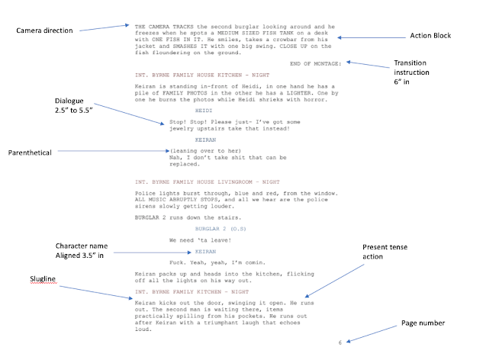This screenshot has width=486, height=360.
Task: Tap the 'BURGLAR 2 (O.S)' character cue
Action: (x=217, y=228)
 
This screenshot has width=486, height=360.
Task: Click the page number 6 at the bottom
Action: (x=341, y=343)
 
